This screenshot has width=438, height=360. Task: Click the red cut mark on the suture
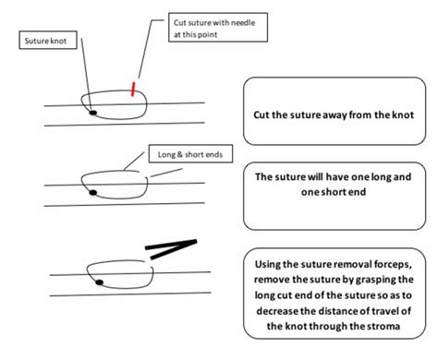click(x=135, y=89)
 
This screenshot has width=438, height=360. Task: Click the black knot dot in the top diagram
click(x=92, y=113)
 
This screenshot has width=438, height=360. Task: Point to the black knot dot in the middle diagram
click(x=92, y=192)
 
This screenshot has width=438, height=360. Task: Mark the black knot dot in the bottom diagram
click(x=96, y=280)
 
